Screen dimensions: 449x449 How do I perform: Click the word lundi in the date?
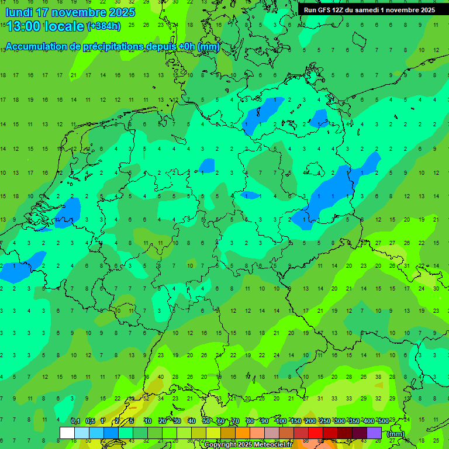coord(19,12)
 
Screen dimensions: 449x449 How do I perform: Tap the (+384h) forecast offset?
coord(103,26)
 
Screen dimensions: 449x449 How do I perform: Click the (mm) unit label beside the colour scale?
coord(395,434)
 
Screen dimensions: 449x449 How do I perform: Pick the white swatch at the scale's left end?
coord(67,433)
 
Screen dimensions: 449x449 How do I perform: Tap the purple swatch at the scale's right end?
coord(374,433)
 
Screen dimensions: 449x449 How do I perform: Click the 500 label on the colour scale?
coord(383,421)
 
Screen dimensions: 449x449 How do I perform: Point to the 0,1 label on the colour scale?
coord(75,421)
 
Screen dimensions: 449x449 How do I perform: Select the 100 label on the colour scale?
coord(281,421)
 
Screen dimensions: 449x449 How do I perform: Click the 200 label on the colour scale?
coord(310,421)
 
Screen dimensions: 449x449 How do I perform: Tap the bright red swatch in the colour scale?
coord(316,433)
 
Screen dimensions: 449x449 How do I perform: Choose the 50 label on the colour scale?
coord(206,421)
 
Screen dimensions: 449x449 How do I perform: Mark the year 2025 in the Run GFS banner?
coord(425,10)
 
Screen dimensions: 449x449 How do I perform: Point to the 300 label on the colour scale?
coord(339,421)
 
